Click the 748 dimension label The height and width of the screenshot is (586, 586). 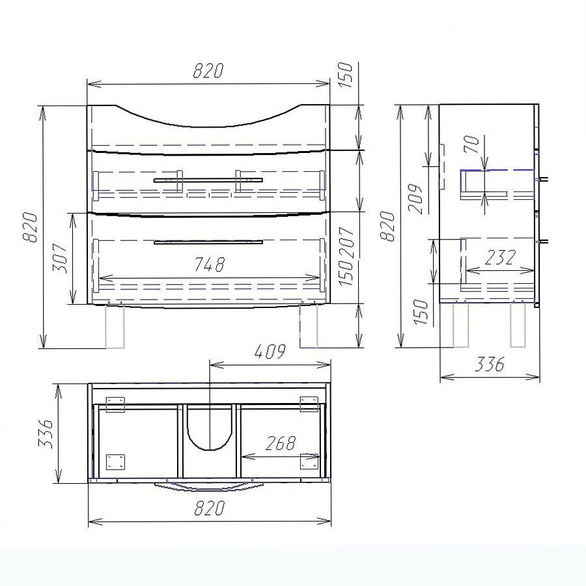(x=210, y=264)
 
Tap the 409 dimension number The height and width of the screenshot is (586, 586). (x=270, y=352)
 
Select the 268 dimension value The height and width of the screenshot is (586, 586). (x=281, y=443)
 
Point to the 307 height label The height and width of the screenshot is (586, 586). (x=60, y=258)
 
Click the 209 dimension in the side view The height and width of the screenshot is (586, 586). (x=415, y=199)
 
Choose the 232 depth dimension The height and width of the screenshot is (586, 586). (x=501, y=257)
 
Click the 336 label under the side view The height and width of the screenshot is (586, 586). (x=490, y=364)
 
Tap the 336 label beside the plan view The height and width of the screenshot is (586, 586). (x=46, y=434)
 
